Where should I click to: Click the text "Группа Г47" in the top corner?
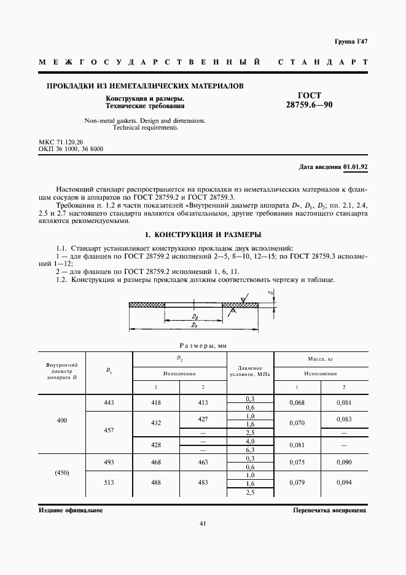click(x=351, y=41)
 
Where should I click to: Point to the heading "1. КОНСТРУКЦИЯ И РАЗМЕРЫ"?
click(x=203, y=235)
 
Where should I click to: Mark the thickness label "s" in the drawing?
click(x=271, y=293)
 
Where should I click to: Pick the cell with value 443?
click(x=109, y=402)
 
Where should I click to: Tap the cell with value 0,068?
click(x=297, y=402)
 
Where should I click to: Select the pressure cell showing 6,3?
click(x=250, y=450)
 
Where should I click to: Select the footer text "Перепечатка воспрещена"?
click(x=330, y=510)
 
